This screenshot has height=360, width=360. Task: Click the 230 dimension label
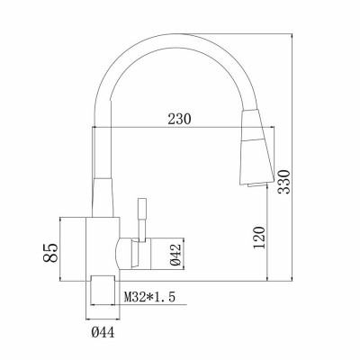(179, 119)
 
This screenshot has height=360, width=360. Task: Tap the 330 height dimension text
(283, 182)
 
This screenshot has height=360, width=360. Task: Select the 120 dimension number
(259, 238)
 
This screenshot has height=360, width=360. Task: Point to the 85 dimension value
(50, 253)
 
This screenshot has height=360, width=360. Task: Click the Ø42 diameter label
(175, 255)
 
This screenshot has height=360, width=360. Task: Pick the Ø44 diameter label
(103, 332)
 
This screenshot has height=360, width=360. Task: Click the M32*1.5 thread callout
(149, 297)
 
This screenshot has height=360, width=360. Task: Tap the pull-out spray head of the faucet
(257, 147)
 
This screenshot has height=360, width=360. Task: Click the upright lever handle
(141, 220)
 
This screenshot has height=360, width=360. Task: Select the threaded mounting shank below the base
(103, 290)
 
